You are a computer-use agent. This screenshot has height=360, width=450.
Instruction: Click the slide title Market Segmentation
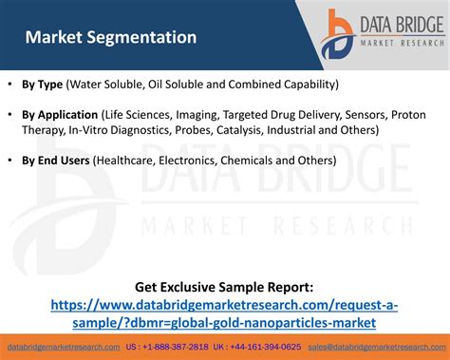pyautogui.click(x=111, y=38)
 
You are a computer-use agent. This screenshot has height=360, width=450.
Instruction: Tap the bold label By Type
pyautogui.click(x=43, y=84)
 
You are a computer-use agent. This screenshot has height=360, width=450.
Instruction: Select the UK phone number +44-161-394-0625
pyautogui.click(x=268, y=348)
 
